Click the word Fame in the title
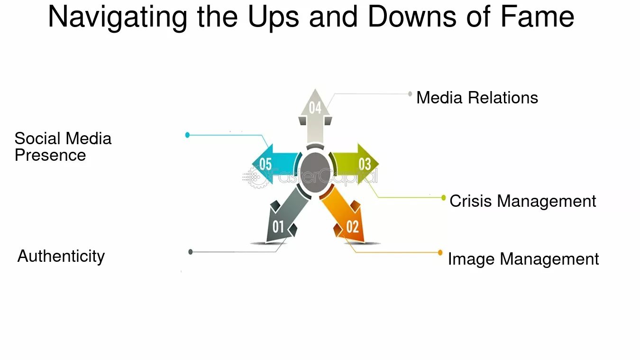[x=537, y=17]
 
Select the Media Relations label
[x=477, y=98]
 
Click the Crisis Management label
[x=522, y=201]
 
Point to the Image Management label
[x=523, y=259]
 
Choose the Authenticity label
[x=61, y=256]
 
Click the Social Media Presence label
[x=63, y=147]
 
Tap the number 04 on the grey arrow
[x=315, y=108]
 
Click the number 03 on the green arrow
[x=365, y=164]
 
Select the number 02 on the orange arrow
[x=352, y=227]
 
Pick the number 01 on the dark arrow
[x=278, y=227]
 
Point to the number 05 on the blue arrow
[x=265, y=164]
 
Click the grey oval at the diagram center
[x=315, y=173]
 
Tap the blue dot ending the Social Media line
[x=187, y=135]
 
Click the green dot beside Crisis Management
[x=443, y=198]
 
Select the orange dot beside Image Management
[x=440, y=252]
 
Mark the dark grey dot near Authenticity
[x=191, y=252]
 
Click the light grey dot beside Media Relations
[x=410, y=94]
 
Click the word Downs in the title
[x=412, y=17]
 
